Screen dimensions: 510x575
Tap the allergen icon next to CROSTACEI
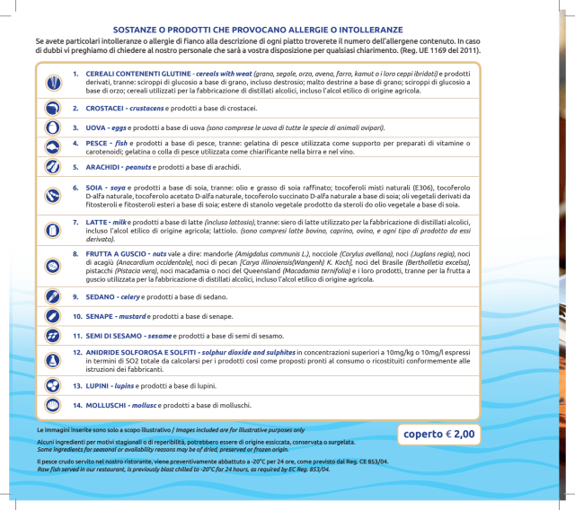[x=51, y=108]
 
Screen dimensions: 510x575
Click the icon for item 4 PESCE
[x=51, y=147]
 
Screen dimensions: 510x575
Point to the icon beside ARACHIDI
[x=51, y=167]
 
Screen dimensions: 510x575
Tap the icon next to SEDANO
[x=51, y=296]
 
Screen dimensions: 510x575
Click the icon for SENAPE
[x=51, y=316]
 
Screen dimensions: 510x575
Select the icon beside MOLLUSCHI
[x=51, y=405]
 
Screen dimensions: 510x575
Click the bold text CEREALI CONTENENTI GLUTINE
[x=138, y=73]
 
